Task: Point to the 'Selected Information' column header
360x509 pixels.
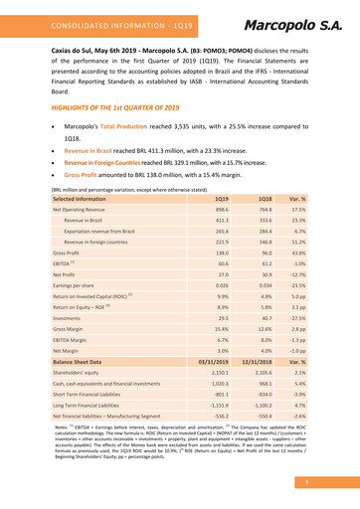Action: pos(78,198)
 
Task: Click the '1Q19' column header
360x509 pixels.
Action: pos(222,198)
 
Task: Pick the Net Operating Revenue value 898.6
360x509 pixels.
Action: pos(222,212)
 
